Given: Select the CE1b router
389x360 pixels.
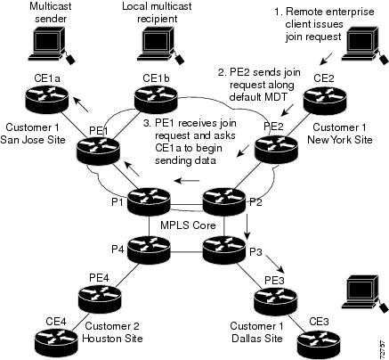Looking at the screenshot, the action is pos(156,98).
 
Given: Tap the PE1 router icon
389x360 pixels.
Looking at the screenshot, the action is pos(98,151).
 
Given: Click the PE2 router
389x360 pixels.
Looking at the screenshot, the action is pos(277,149).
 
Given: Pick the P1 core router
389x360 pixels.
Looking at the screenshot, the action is pos(149,201).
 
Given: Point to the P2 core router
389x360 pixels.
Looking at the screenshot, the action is pos(224,201).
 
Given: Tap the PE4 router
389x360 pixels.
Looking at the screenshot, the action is pos(101,299).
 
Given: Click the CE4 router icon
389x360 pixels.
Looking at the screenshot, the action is pos(57,341).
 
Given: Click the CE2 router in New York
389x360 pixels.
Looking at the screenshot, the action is pos(325,98).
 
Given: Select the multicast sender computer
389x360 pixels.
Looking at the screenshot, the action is pos(51,45).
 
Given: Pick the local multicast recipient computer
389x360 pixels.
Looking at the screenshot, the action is pos(160,45).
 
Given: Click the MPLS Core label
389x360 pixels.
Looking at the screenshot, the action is pos(188,225).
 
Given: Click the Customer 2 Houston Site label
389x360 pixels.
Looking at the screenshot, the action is pos(112,332).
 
